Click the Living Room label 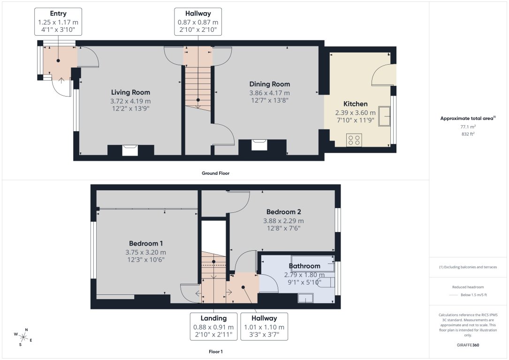130,92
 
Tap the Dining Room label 269,84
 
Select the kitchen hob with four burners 354,140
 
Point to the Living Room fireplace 130,150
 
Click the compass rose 23,337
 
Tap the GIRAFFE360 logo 468,345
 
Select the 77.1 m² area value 468,127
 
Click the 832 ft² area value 468,134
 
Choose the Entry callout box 58,22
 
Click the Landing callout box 213,326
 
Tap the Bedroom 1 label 146,243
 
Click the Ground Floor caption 216,173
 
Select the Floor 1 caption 216,351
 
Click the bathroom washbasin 305,298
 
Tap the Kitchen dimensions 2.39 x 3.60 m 355,112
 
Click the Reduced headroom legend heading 468,287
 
